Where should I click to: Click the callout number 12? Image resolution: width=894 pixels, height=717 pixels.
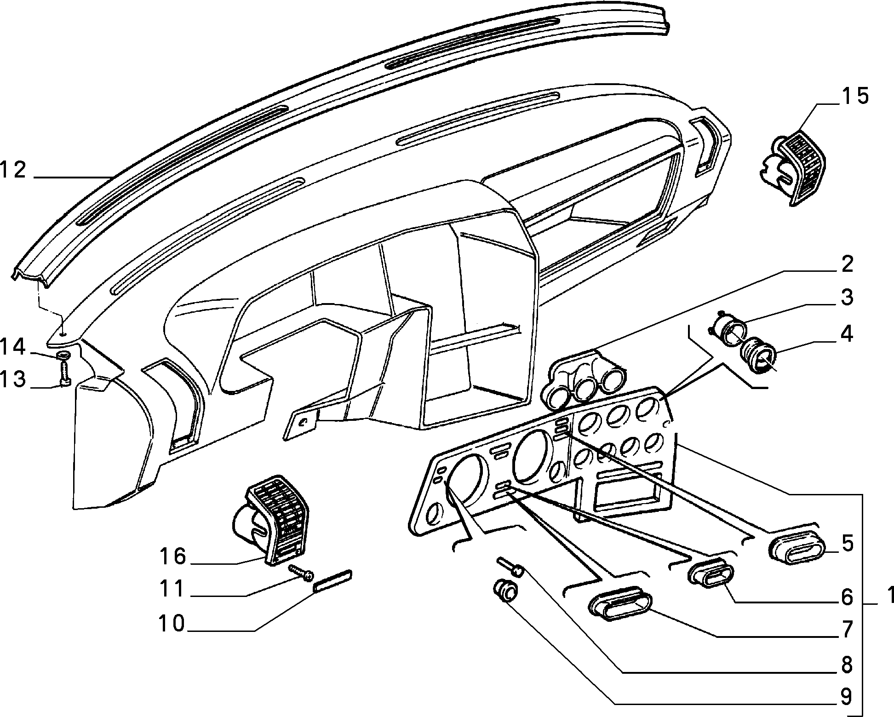[x=14, y=170]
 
